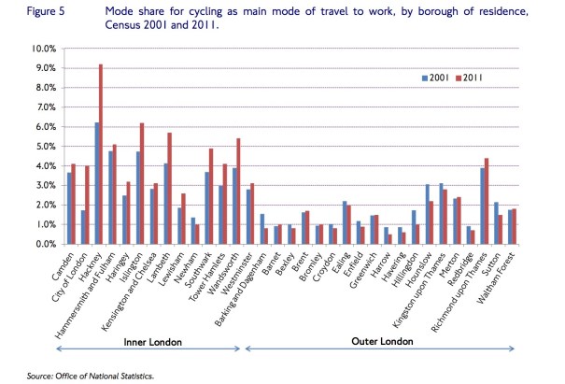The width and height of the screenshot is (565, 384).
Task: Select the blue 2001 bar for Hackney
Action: [95, 183]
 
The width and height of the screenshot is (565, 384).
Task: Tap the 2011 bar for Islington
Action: [142, 183]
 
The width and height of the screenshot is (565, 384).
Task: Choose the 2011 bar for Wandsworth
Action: [240, 192]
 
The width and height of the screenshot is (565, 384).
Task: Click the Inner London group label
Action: [151, 340]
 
